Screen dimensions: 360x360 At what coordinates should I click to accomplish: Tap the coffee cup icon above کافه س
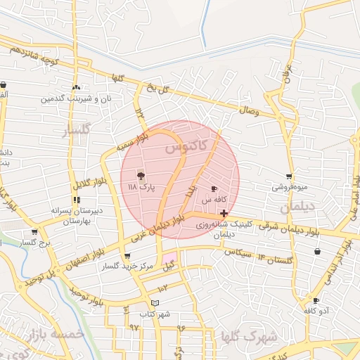tap(214, 188)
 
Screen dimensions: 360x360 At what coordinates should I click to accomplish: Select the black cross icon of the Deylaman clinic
tap(224, 213)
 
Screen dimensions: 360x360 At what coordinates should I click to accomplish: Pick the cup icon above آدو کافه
tap(316, 300)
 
